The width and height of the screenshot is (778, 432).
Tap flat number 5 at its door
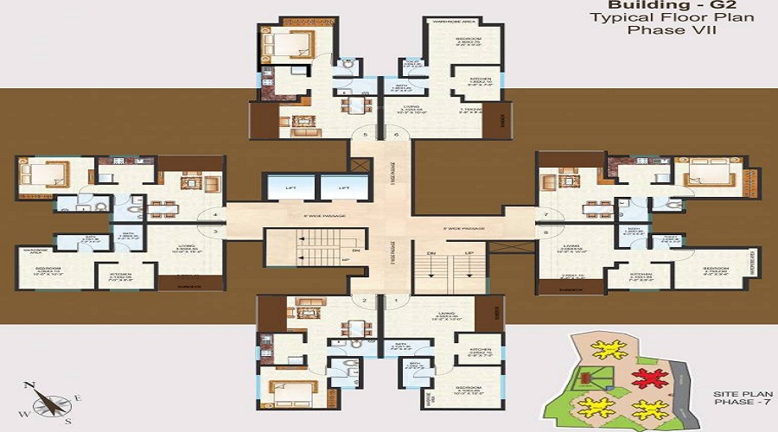click(366, 136)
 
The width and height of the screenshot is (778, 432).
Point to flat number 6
click(397, 136)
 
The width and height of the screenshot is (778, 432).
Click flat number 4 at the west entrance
click(214, 214)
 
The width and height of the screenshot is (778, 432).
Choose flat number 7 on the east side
click(546, 213)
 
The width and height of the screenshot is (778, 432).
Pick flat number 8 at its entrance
click(546, 232)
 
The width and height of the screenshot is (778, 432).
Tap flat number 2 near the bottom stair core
click(366, 301)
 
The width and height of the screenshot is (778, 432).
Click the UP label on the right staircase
click(470, 253)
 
